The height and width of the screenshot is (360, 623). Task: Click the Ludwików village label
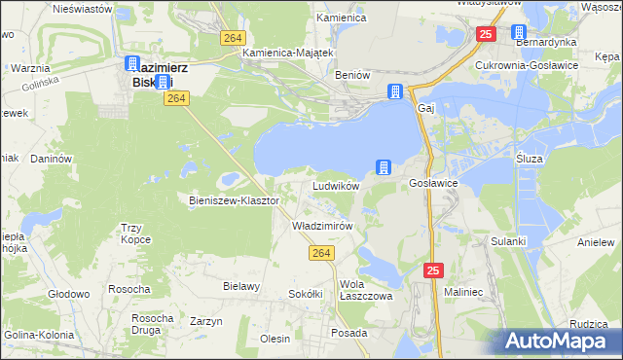point(336,185)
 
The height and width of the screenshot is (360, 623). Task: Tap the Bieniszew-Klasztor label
point(234,200)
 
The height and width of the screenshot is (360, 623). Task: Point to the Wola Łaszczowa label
point(365,291)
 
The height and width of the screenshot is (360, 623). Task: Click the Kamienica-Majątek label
point(288,53)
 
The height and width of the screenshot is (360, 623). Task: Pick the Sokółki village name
point(305,293)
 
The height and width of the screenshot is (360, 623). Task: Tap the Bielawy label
point(241,286)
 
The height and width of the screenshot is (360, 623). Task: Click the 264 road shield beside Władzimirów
point(323,253)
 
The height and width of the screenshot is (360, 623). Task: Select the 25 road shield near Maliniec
point(433,270)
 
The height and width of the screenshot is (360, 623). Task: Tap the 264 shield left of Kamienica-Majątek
point(231,37)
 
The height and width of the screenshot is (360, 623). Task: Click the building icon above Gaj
point(395,92)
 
